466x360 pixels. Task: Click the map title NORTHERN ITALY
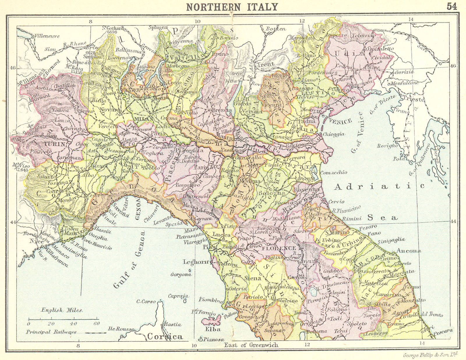coord(232,7)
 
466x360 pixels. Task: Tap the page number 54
coord(452,6)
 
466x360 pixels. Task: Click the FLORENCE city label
coord(279,248)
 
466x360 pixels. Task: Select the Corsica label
coord(165,336)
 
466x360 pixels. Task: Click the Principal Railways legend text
coord(51,332)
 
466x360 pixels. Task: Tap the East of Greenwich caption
coord(251,345)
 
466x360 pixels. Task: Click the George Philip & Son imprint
coord(430,355)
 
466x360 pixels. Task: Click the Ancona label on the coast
coord(408,251)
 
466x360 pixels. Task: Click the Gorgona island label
coord(181,274)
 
